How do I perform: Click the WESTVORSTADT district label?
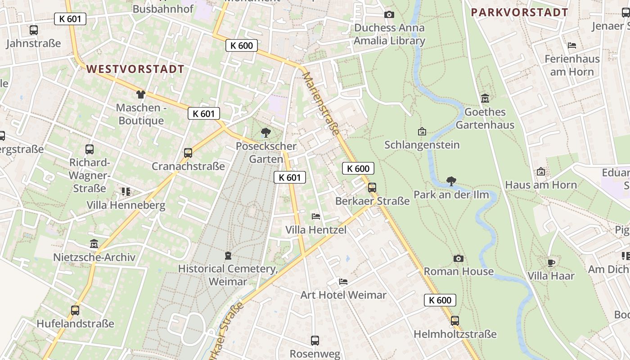[135, 69]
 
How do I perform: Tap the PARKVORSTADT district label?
[520, 13]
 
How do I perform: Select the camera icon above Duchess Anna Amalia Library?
[389, 15]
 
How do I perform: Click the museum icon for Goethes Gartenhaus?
[485, 98]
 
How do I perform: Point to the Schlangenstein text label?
[422, 145]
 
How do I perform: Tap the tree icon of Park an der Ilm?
[451, 181]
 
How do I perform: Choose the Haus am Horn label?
[541, 185]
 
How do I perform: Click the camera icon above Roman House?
[459, 258]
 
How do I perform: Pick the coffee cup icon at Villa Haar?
[551, 263]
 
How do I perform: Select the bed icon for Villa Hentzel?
[316, 216]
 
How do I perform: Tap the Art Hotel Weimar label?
[343, 295]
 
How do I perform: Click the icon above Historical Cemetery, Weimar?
[228, 256]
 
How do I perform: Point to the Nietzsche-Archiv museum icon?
[94, 244]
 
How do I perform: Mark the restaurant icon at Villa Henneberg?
[126, 192]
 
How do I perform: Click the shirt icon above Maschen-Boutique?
[141, 94]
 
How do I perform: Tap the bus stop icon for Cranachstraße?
[188, 153]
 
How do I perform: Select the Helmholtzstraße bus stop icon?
[455, 321]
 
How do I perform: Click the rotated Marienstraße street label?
[321, 103]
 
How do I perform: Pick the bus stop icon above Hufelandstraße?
[75, 310]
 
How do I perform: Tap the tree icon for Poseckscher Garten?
[266, 133]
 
